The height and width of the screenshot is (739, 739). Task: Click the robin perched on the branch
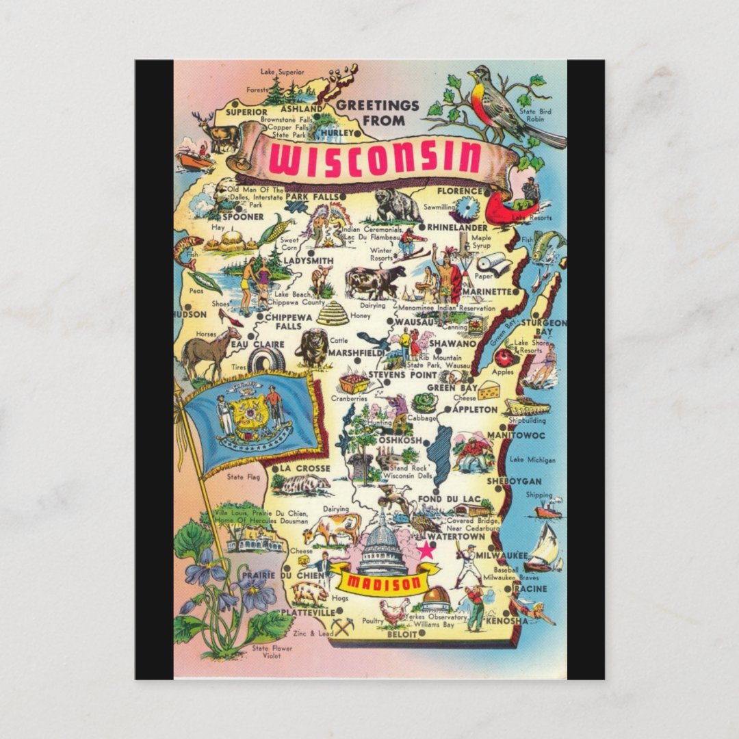pyautogui.click(x=503, y=103)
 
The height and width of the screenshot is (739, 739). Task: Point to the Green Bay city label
pyautogui.click(x=456, y=388)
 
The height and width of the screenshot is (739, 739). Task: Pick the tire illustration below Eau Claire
pyautogui.click(x=266, y=361)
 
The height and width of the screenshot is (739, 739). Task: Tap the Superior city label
pyautogui.click(x=246, y=112)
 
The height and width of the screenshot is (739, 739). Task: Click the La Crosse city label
pyautogui.click(x=305, y=469)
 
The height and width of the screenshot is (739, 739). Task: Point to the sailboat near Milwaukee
pyautogui.click(x=544, y=547)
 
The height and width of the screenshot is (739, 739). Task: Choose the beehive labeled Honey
pyautogui.click(x=333, y=313)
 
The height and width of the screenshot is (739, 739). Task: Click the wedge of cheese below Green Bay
pyautogui.click(x=489, y=391)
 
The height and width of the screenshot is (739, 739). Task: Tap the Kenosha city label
pyautogui.click(x=507, y=621)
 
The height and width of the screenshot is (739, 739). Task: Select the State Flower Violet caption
pyautogui.click(x=272, y=651)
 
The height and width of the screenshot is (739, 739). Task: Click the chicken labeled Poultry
pyautogui.click(x=395, y=610)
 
